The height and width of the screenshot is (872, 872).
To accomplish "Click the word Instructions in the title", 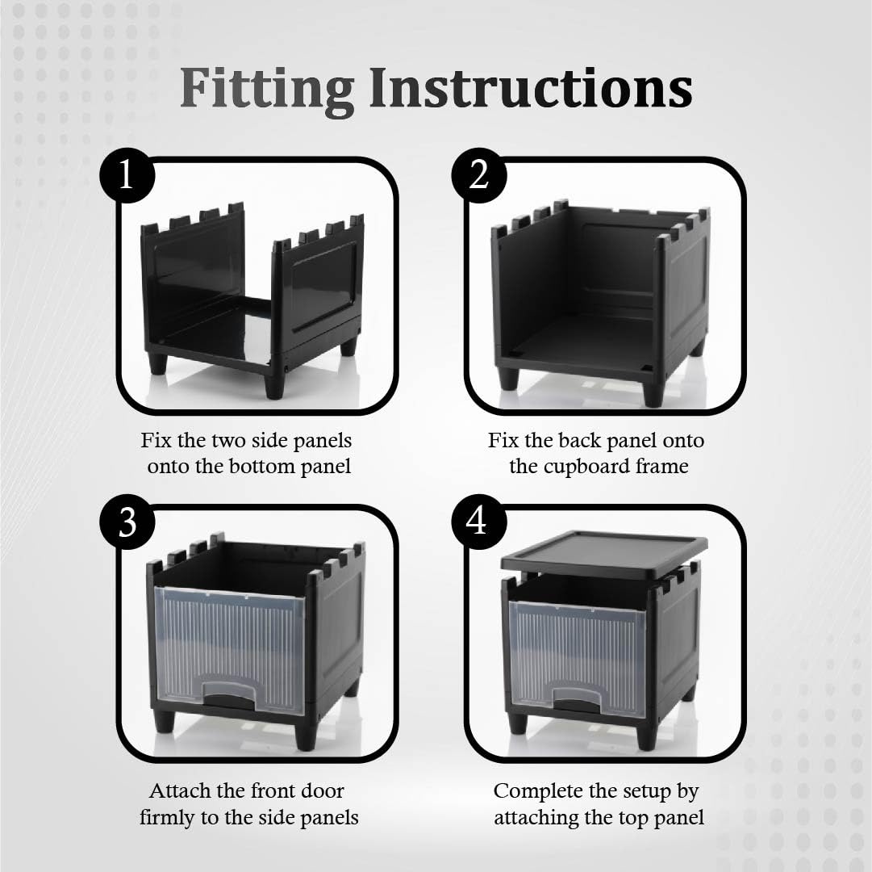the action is tap(531, 88).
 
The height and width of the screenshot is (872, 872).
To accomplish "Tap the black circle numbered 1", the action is tap(127, 174).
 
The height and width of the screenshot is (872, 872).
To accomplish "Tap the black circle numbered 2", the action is tap(479, 174).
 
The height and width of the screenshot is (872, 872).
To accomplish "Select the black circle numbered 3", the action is tap(127, 522).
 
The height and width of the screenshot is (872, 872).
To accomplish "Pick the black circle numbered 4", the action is tap(479, 522).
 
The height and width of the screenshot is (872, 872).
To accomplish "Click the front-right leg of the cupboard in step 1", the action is tap(275, 382).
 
